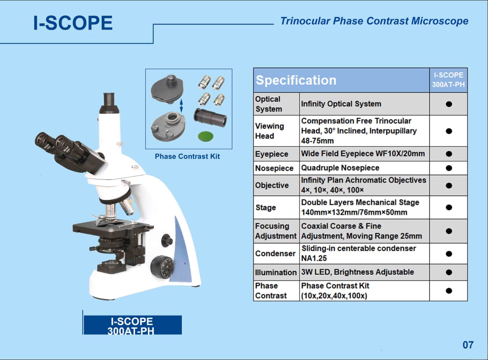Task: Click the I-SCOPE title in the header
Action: (x=73, y=23)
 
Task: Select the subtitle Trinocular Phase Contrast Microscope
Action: (x=374, y=21)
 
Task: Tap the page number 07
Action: (x=468, y=345)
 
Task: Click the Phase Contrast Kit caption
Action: (x=187, y=156)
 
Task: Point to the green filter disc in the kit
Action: (x=206, y=135)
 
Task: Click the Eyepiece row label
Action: (x=272, y=154)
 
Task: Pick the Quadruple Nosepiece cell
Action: (x=340, y=168)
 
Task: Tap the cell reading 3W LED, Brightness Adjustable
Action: (x=357, y=272)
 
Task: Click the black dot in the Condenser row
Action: (x=449, y=254)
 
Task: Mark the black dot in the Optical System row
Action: (x=449, y=104)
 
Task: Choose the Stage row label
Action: (x=266, y=208)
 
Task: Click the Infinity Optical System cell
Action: (x=341, y=104)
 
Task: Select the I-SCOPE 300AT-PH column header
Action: (x=448, y=80)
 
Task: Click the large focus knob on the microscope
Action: (x=162, y=266)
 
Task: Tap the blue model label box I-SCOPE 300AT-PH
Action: (x=132, y=325)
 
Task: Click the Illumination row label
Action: (x=276, y=272)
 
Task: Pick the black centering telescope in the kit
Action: (x=210, y=117)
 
